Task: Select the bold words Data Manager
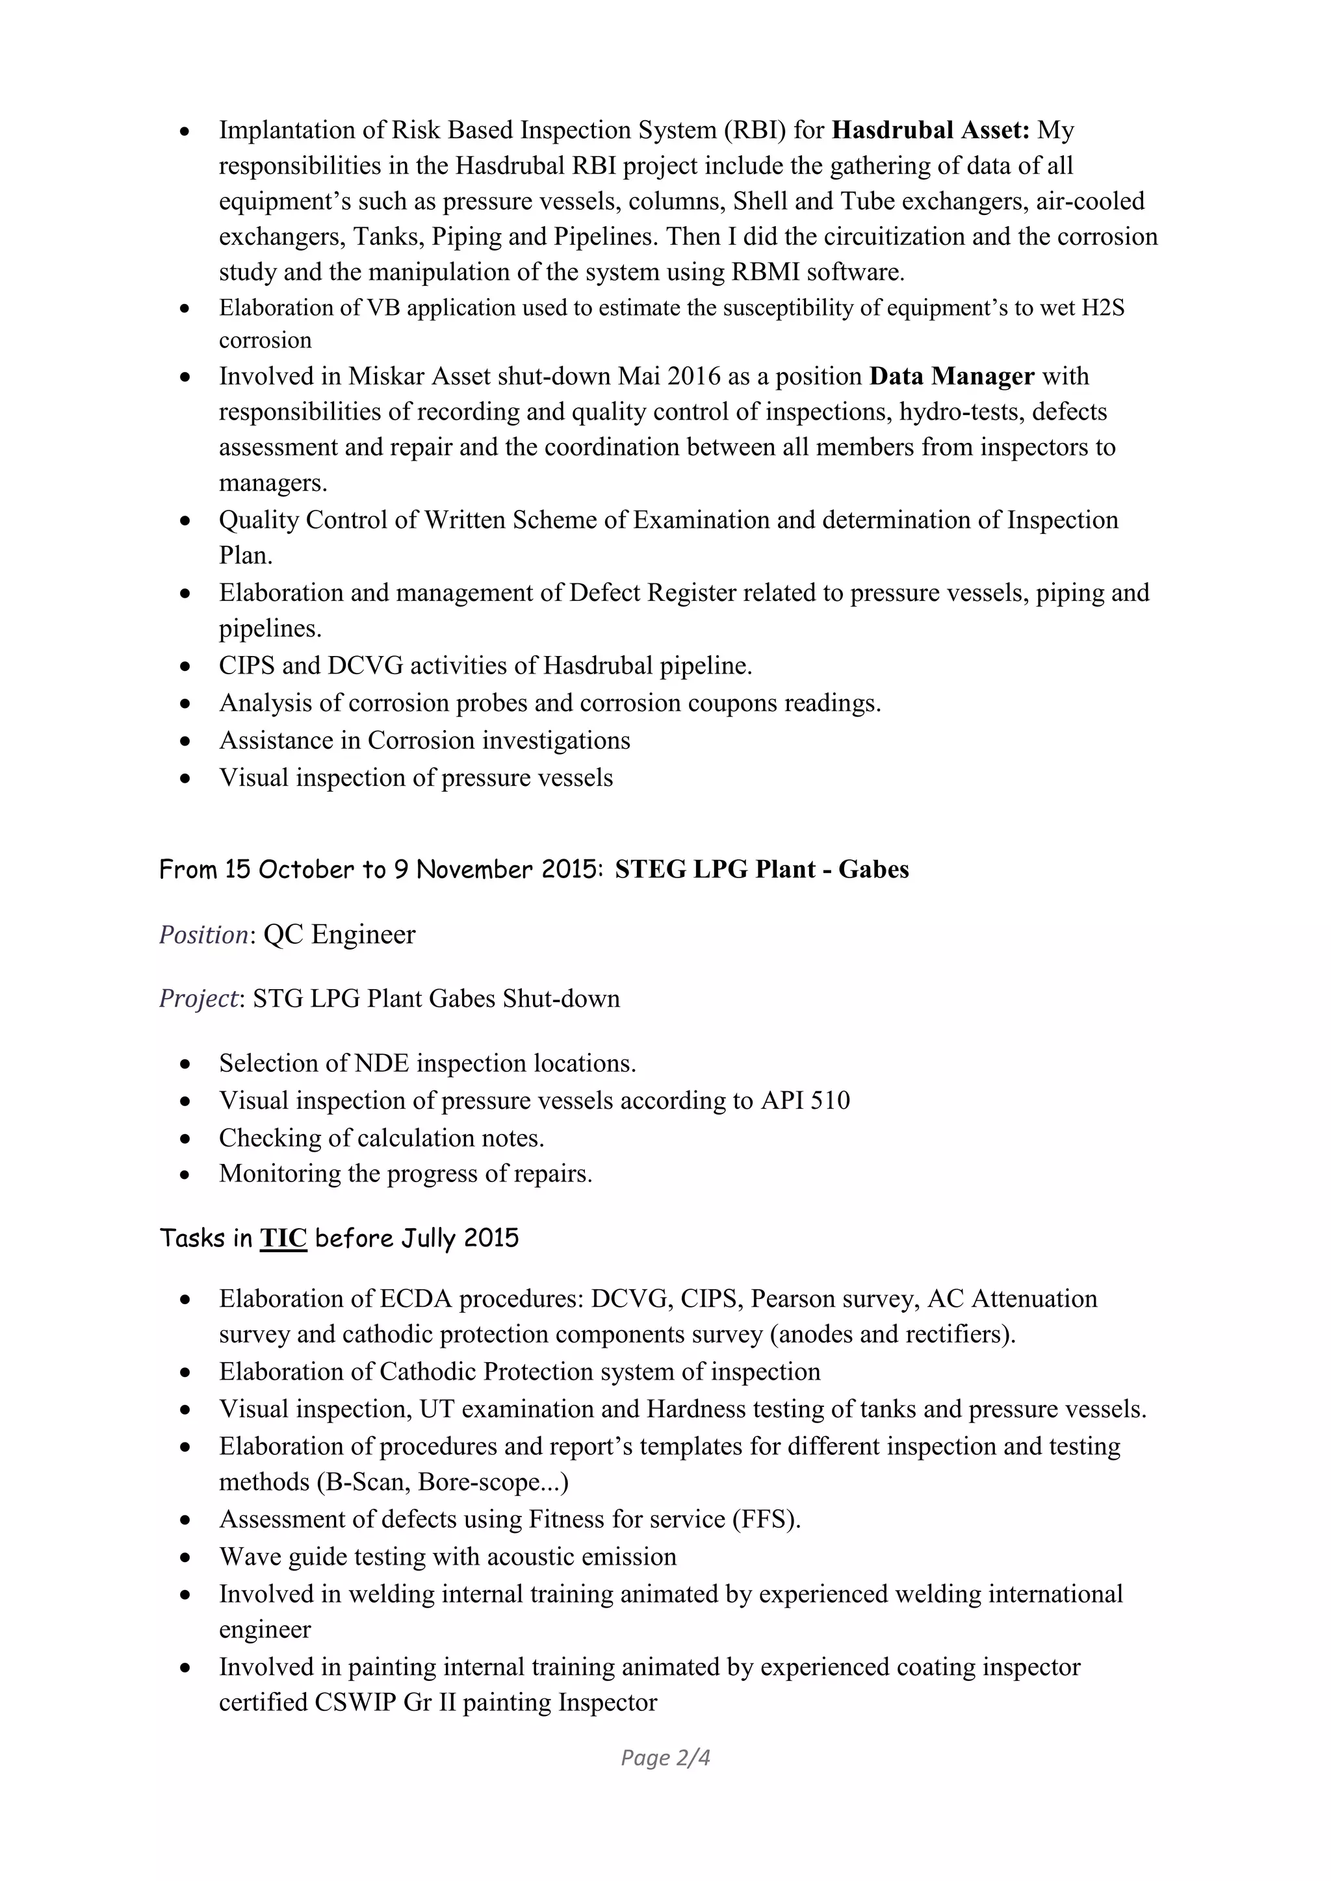click(x=951, y=377)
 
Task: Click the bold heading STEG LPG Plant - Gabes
click(x=762, y=869)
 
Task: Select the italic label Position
click(x=203, y=935)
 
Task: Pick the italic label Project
click(x=198, y=999)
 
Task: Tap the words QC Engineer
click(x=339, y=935)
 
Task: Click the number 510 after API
click(x=829, y=1100)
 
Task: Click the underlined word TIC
click(x=283, y=1238)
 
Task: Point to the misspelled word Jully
click(x=428, y=1238)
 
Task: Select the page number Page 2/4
click(x=665, y=1758)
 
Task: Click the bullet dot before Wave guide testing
click(x=186, y=1558)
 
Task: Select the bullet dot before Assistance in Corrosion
click(x=186, y=741)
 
